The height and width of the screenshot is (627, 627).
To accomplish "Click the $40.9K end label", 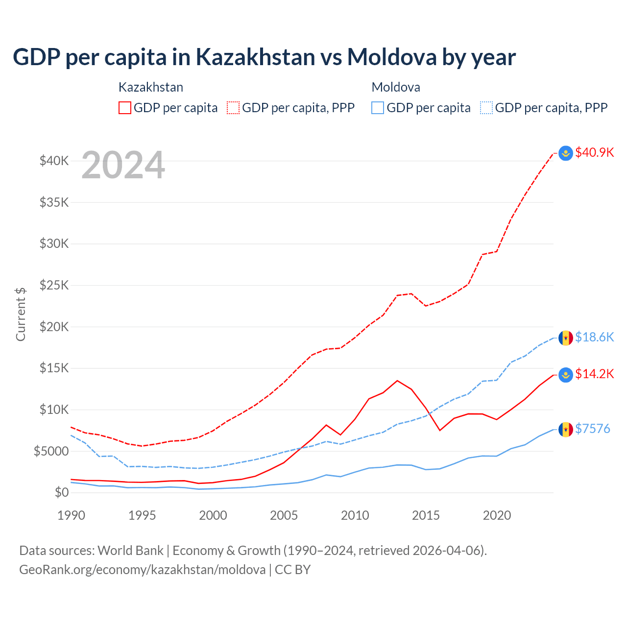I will click(x=594, y=152).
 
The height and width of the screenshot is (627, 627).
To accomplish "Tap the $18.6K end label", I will click(x=594, y=337).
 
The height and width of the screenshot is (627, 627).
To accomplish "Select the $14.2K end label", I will click(x=594, y=374).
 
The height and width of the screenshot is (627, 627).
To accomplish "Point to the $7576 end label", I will click(x=592, y=429).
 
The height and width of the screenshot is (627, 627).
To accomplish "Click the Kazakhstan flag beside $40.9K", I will click(x=566, y=153).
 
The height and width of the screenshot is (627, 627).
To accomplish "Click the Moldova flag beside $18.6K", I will click(x=566, y=338).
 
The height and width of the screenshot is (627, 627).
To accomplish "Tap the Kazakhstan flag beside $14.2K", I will click(x=566, y=375).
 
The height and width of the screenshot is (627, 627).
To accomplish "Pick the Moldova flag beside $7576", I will click(x=566, y=430).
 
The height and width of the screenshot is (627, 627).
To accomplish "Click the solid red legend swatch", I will click(x=125, y=108).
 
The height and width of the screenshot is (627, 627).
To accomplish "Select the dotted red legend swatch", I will click(x=234, y=108).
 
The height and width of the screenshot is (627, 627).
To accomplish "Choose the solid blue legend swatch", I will click(x=378, y=108).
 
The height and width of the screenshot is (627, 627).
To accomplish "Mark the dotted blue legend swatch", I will click(x=486, y=108).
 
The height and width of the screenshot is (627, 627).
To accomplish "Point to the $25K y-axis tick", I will click(x=54, y=285).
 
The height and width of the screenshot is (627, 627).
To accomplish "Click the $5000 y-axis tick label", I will click(x=51, y=451).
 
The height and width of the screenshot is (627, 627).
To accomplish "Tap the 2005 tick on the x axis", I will click(x=284, y=515).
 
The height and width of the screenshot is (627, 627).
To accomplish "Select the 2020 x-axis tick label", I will click(x=497, y=515).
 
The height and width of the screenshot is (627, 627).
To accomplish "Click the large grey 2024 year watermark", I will click(x=123, y=166).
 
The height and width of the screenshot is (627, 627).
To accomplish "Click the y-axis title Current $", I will click(x=21, y=314).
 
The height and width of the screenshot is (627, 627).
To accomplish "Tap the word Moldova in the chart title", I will click(x=392, y=57).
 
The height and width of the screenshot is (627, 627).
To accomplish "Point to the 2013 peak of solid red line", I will click(x=397, y=381).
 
